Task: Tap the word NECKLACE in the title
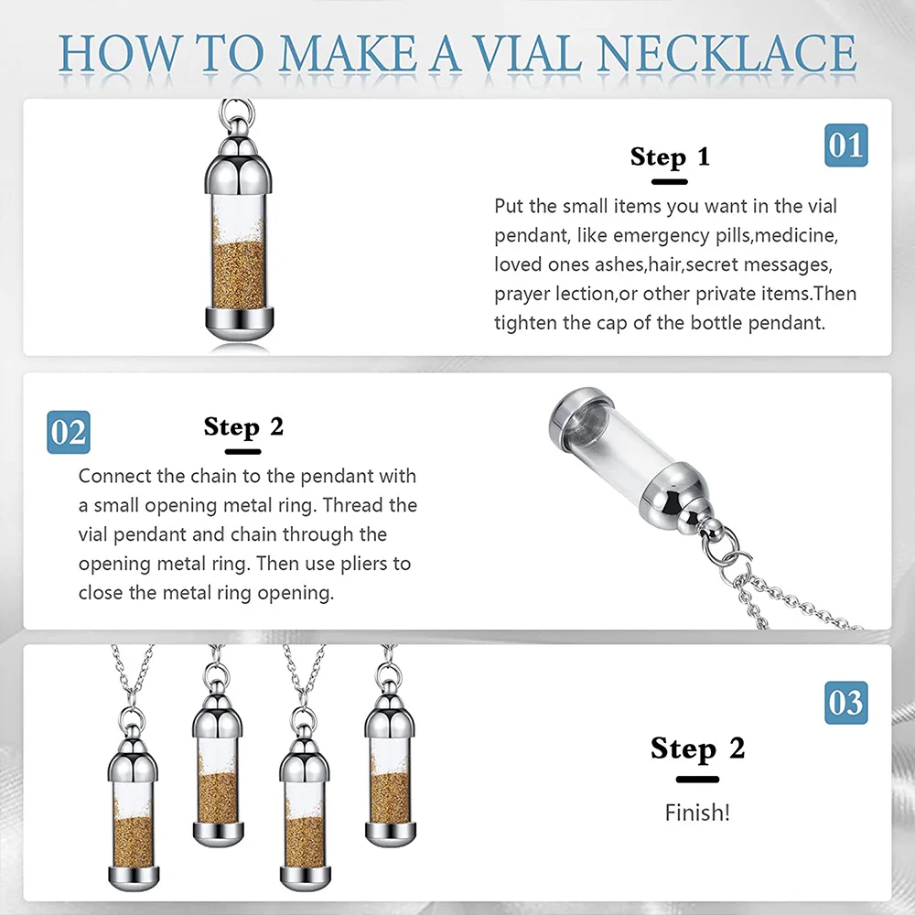coord(727,53)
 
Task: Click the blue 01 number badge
coord(846,145)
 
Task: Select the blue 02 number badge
coord(69,433)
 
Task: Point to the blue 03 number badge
coord(846,703)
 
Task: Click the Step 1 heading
coord(670,156)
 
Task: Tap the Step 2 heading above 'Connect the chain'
coord(243,426)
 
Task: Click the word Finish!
coord(697,813)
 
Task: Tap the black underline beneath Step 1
coord(670,182)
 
